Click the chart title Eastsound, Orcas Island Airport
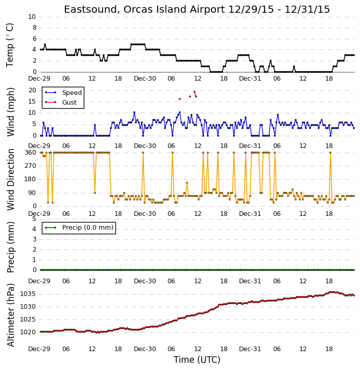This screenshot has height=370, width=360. tap(144, 10)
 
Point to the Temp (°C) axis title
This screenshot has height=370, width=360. tap(10, 45)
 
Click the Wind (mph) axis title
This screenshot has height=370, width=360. tap(11, 112)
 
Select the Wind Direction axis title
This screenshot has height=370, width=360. tap(11, 180)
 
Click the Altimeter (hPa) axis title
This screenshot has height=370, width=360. tap(11, 315)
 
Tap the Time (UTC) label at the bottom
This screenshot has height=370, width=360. tap(197, 360)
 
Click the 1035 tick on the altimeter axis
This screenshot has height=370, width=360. tap(28, 294)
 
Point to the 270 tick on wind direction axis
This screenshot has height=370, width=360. tap(31, 166)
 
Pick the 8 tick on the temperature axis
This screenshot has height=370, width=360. tap(34, 28)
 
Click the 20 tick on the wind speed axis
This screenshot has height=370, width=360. tap(32, 90)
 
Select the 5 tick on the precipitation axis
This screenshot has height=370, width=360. tap(34, 219)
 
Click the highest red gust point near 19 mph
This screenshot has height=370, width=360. tap(195, 92)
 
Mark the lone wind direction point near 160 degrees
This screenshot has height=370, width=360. tap(187, 183)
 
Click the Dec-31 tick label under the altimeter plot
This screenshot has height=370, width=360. tap(250, 349)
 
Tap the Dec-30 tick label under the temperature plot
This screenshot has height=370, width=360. tap(145, 79)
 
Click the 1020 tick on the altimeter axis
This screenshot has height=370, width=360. tap(28, 332)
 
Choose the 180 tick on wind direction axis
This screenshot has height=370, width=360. tap(31, 179)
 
